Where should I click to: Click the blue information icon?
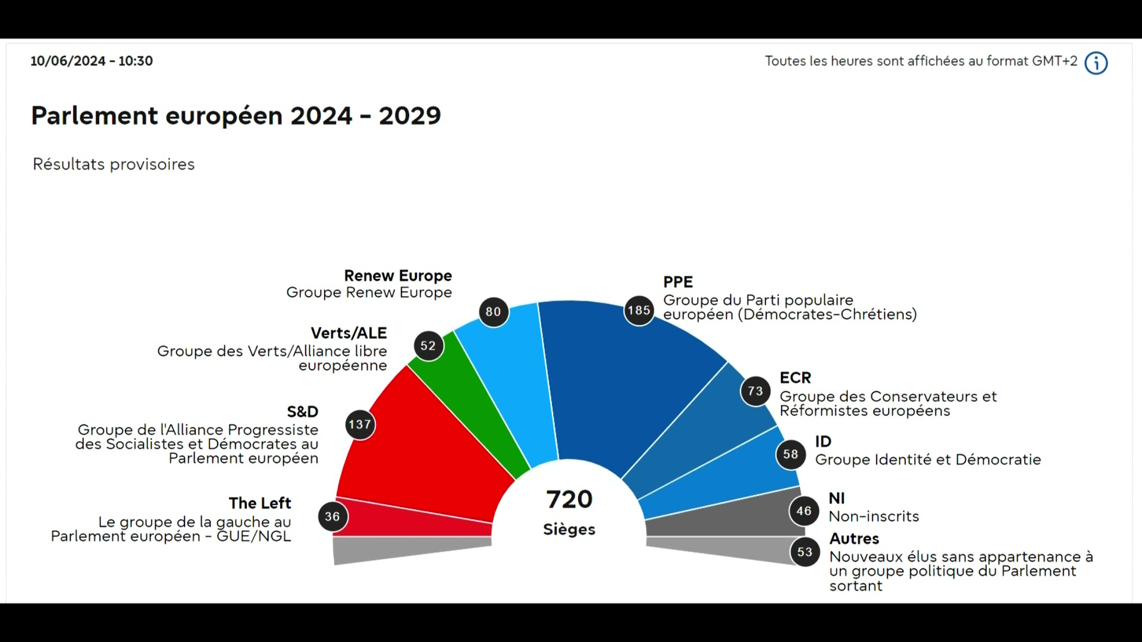pos(1096,62)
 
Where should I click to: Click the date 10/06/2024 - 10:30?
pos(92,61)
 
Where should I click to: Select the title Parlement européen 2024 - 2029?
pos(236,115)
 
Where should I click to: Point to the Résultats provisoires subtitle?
pos(114,164)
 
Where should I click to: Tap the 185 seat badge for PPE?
pos(639,310)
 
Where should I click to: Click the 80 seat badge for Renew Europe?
pos(493,311)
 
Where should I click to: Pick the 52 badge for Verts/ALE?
pos(428,346)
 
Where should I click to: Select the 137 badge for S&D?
pos(360,424)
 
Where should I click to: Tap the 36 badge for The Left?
pos(332,517)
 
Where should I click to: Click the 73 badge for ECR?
pos(755,391)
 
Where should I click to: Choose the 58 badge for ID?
pos(790,455)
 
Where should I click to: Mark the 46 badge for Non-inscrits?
pos(804,511)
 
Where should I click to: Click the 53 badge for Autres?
pos(805,552)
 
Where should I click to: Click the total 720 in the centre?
pos(569,499)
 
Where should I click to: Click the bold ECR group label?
pos(795,378)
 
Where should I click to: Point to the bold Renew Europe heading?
pos(398,276)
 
